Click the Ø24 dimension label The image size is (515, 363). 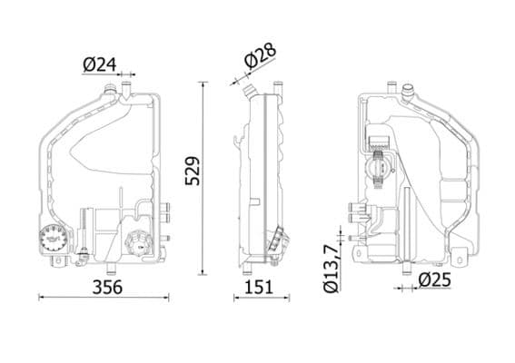click(x=101, y=64)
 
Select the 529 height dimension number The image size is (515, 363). click(x=192, y=171)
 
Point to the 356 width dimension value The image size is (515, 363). click(x=104, y=287)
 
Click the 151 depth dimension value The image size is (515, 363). click(x=262, y=287)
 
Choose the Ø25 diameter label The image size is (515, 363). click(x=435, y=280)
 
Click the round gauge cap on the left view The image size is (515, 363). click(x=55, y=239)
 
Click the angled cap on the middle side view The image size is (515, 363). click(x=277, y=242)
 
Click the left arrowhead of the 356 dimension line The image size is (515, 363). click(x=41, y=296)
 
